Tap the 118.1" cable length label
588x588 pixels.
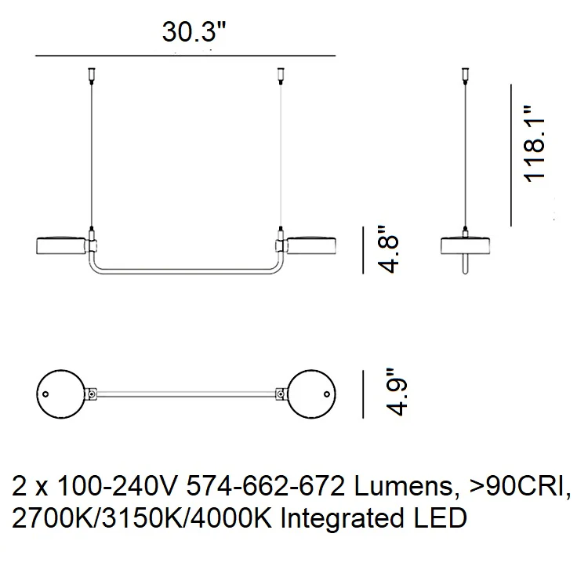pos(534,144)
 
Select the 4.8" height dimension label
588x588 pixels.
pos(387,249)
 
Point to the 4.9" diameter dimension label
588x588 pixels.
pos(396,392)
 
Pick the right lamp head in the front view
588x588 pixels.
pos(311,245)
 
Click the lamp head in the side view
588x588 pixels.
pos(465,245)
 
